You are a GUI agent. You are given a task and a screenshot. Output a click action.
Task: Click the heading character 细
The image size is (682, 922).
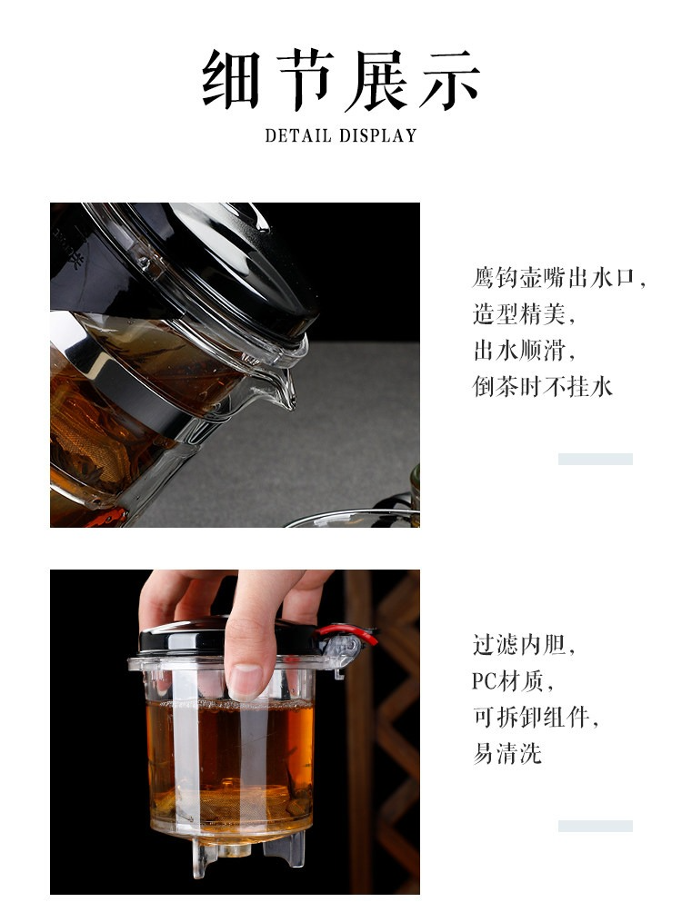[x=231, y=79]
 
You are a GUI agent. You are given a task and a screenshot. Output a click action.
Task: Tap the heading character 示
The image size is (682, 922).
[x=450, y=79]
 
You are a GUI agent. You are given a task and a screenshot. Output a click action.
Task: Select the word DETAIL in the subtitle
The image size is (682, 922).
[x=298, y=136]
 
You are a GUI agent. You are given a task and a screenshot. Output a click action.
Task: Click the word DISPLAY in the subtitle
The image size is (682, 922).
[x=378, y=136]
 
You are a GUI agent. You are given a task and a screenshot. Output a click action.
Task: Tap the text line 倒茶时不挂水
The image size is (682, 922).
[x=543, y=387]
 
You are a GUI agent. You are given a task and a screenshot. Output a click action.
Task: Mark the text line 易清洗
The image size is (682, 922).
[x=507, y=754]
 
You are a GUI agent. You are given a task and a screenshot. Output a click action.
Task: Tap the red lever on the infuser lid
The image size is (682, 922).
[x=348, y=634]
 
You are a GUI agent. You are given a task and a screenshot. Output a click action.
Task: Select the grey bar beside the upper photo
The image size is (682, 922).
[x=596, y=460]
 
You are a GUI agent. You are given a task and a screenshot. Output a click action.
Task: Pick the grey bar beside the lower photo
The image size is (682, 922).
[x=596, y=826]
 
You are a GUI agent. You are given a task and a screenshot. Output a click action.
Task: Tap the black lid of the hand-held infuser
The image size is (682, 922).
[x=229, y=638]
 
